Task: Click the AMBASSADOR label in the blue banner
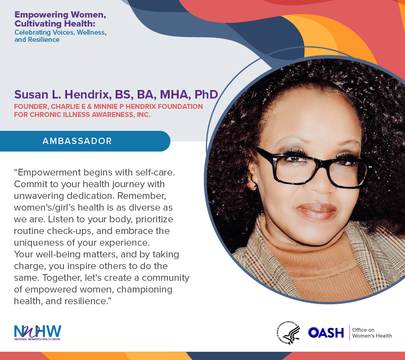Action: pyautogui.click(x=77, y=141)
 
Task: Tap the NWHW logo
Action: pyautogui.click(x=37, y=333)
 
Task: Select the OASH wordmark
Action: pyautogui.click(x=326, y=333)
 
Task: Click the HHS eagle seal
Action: pyautogui.click(x=288, y=333)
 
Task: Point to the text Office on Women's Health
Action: pyautogui.click(x=372, y=333)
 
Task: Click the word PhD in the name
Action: pyautogui.click(x=206, y=94)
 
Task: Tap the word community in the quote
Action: pyautogui.click(x=166, y=278)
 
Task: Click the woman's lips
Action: pyautogui.click(x=316, y=211)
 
